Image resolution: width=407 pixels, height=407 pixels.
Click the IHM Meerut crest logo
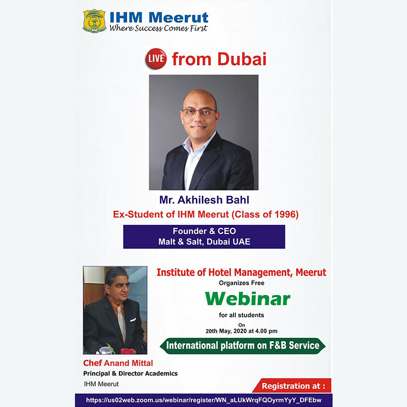(x=94, y=21)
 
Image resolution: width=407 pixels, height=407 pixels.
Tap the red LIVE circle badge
(x=156, y=59)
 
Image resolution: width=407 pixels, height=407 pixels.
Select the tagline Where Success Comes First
(x=158, y=28)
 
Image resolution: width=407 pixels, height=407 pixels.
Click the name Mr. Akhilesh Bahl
(x=205, y=200)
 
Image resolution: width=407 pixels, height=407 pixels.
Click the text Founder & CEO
(x=205, y=231)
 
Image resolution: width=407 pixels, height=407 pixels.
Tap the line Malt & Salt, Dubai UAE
(x=205, y=242)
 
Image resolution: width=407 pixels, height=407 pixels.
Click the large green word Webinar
(x=248, y=299)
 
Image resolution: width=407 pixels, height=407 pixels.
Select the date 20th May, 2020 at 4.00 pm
(x=241, y=331)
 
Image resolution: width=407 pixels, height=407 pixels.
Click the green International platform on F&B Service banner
(x=243, y=346)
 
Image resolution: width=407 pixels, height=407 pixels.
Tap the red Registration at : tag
(x=292, y=386)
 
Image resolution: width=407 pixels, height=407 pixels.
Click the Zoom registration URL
(x=204, y=400)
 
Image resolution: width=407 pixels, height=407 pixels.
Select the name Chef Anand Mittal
(x=118, y=363)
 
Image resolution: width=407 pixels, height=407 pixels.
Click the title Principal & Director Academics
(x=131, y=373)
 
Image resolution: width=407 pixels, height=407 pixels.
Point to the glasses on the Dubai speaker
(x=199, y=112)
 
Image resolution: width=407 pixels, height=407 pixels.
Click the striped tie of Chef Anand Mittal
(x=121, y=324)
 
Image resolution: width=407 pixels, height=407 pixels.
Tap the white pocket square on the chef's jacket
(x=133, y=320)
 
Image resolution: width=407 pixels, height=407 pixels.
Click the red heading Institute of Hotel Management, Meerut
(x=241, y=273)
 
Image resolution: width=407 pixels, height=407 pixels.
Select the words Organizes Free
(x=241, y=283)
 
